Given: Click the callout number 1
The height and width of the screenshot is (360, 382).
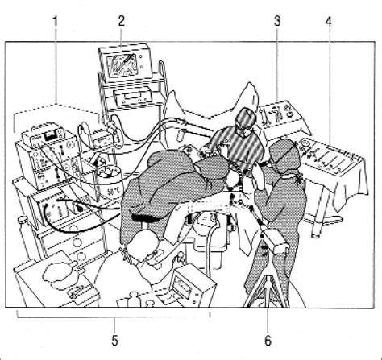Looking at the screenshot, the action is (55, 21).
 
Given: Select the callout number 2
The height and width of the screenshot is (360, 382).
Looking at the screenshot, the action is (122, 21).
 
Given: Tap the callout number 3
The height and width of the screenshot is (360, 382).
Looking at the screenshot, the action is (277, 21).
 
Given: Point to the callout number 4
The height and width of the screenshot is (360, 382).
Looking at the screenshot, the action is (328, 21).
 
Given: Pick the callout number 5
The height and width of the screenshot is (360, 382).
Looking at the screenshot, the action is (115, 341).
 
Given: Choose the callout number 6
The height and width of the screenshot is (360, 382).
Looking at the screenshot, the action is (268, 341).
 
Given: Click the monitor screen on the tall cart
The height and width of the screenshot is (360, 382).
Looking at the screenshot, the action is (122, 65).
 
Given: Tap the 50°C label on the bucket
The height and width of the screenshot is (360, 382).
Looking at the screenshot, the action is (112, 192).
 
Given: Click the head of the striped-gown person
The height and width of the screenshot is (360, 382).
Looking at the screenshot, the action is (245, 119).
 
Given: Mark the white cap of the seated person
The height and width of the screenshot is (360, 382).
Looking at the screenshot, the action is (143, 245).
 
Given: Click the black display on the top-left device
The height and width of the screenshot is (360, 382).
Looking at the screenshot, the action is (50, 136).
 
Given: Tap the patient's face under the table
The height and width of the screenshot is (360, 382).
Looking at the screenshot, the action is (206, 220).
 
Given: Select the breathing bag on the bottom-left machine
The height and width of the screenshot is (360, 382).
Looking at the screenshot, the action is (59, 272).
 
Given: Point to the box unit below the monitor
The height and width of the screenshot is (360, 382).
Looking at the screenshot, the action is (131, 97).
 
